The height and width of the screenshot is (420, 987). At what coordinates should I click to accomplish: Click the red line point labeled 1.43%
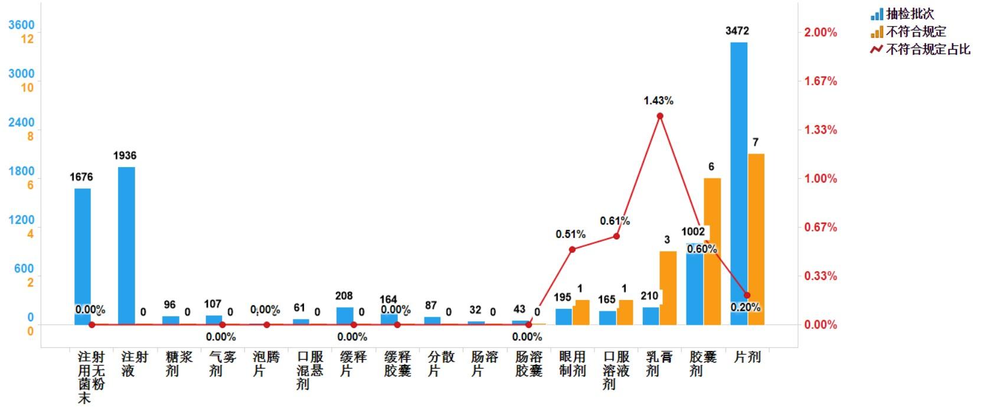[660, 116]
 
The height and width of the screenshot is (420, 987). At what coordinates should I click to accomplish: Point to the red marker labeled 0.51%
[572, 249]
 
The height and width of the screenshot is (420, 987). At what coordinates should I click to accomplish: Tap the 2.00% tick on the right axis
[821, 32]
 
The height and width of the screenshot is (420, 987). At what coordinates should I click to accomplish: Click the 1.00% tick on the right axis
[821, 178]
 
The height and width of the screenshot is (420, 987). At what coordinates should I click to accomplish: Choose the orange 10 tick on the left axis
[27, 87]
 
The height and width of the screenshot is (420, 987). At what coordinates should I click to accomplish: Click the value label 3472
[737, 31]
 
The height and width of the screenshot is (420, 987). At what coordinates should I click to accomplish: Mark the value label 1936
[125, 155]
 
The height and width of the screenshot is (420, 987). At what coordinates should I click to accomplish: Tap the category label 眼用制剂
[572, 363]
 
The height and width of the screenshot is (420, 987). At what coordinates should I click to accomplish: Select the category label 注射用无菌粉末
[91, 377]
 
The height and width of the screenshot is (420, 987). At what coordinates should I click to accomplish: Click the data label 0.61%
[615, 221]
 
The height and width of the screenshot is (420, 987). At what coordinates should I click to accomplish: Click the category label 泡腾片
[266, 363]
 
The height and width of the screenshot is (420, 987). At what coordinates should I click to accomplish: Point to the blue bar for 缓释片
[345, 315]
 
